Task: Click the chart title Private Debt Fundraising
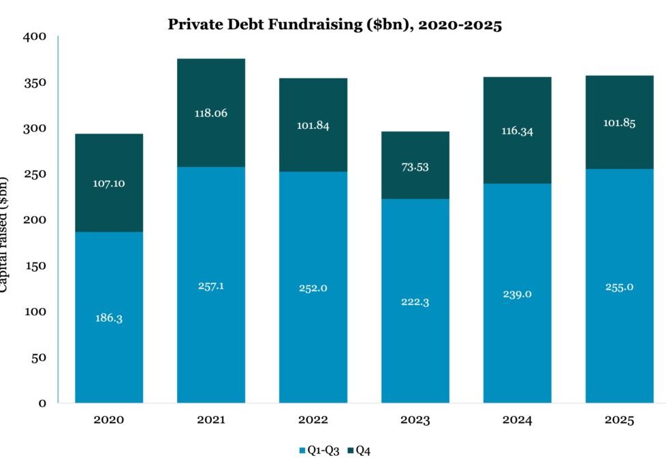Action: point(334,26)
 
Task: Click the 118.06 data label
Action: point(210,114)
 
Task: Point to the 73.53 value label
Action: point(415,168)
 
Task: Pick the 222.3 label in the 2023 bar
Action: point(415,302)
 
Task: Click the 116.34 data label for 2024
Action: point(517,131)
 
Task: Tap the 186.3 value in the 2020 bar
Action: point(108,318)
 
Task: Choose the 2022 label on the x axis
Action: point(313,420)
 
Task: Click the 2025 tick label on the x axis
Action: point(619,420)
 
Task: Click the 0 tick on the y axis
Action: point(42,403)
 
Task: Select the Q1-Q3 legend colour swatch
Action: point(302,450)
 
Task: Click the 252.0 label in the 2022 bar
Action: point(313,288)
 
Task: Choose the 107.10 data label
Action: point(108,183)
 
